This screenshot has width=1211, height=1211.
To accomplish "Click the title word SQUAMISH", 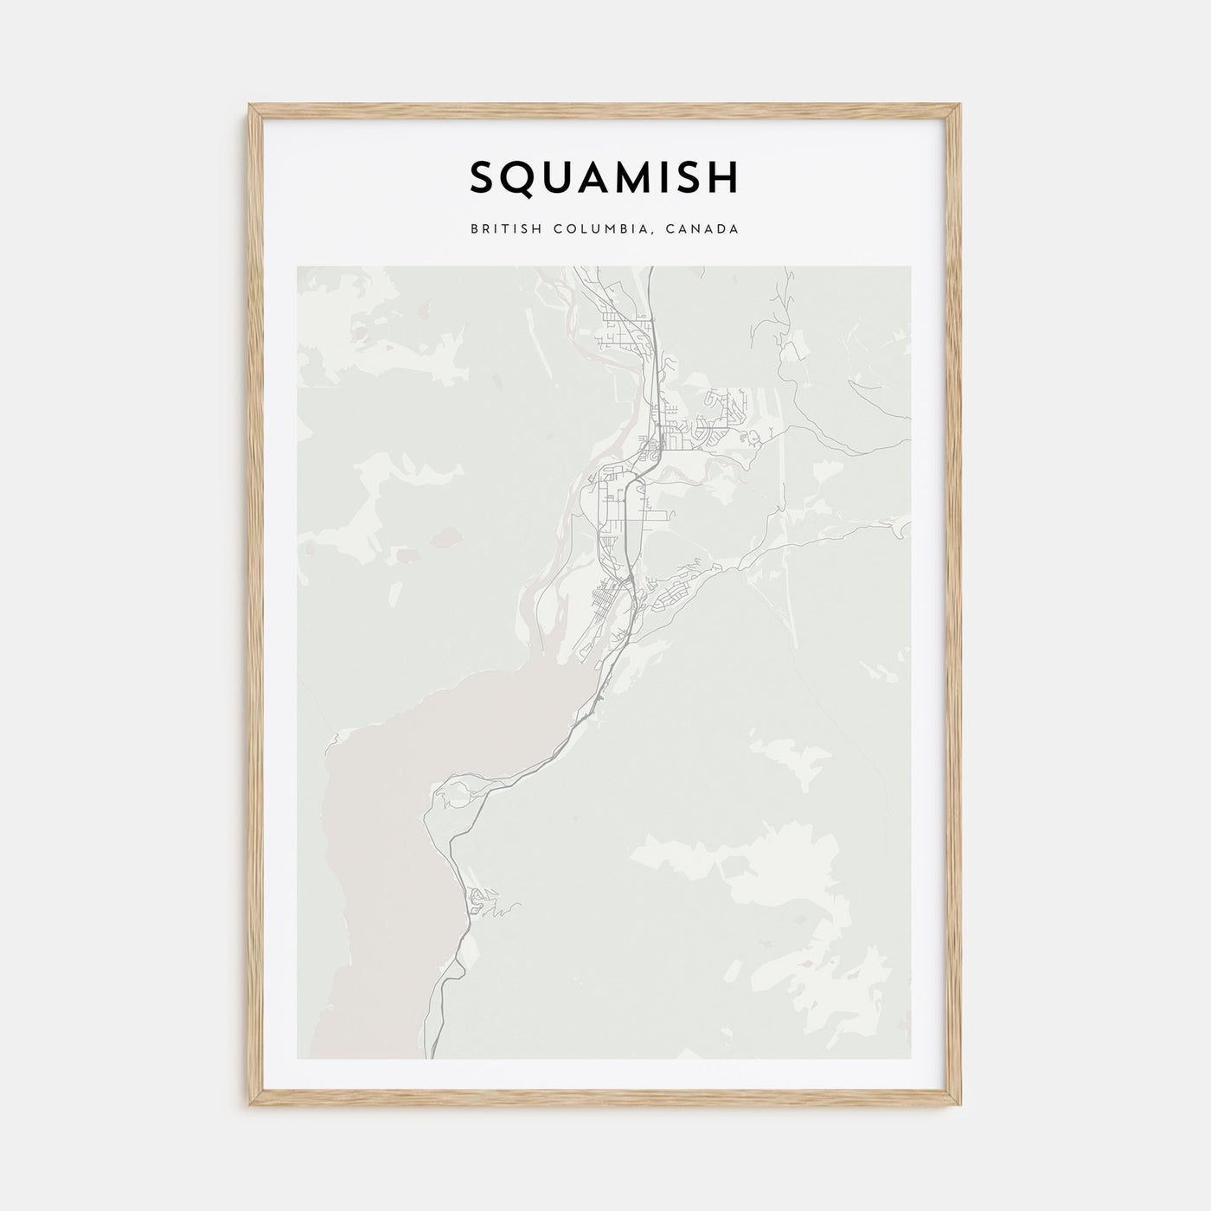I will click(605, 177).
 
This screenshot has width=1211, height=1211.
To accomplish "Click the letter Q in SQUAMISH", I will click(518, 178).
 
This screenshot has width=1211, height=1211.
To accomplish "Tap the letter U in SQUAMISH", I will click(555, 177).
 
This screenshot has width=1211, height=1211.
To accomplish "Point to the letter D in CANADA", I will click(722, 230).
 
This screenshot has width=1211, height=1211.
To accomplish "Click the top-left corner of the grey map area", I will click(298, 267).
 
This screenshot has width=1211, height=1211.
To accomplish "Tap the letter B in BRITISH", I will click(475, 230).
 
